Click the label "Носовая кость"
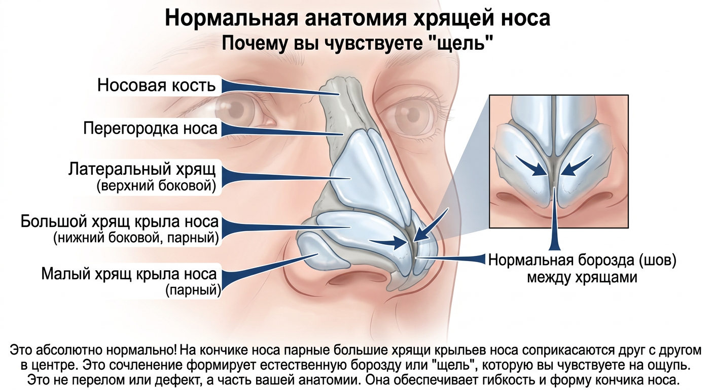pos(156,85)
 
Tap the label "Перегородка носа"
pos(150,128)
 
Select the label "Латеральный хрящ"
pos(142,169)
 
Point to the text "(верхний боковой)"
pos(156,186)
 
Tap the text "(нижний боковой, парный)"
pos(135,238)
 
